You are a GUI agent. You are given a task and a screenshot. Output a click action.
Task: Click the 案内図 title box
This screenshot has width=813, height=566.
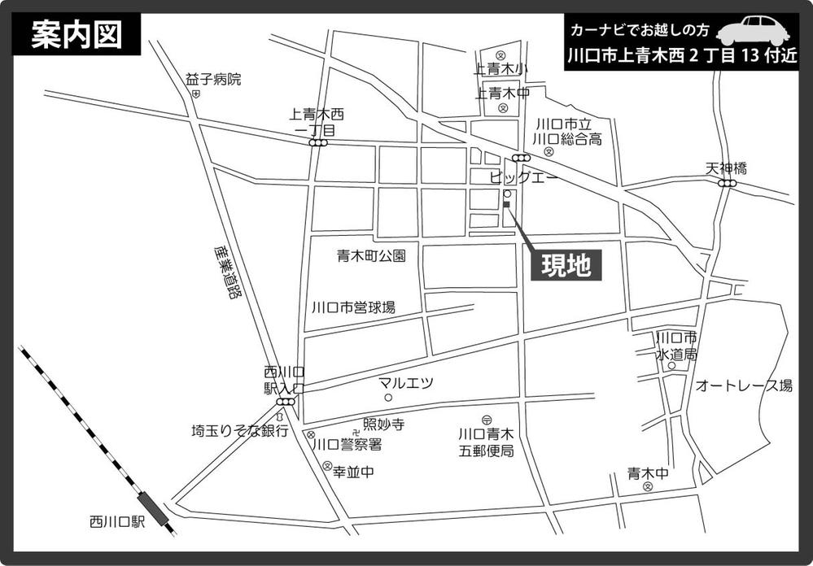[76, 36]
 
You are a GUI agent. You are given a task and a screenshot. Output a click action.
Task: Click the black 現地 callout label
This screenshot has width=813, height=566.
[566, 265]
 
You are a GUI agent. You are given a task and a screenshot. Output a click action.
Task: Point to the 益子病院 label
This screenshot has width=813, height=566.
[213, 79]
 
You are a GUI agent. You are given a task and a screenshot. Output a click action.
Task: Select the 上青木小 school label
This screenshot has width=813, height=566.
[501, 69]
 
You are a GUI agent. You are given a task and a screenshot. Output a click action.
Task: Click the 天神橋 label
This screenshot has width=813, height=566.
[726, 168]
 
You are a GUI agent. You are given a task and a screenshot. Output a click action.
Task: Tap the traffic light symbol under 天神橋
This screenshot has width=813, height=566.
[727, 184]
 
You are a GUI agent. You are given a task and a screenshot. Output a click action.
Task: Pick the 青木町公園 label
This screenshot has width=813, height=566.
[371, 255]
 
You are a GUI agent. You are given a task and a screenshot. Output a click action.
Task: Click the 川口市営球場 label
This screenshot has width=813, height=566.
[353, 307]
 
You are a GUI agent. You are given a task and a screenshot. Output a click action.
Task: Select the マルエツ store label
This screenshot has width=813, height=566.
[406, 382]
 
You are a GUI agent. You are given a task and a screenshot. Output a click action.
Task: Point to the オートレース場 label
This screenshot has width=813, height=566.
[743, 385]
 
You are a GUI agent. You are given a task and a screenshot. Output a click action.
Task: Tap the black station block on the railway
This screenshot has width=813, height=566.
[153, 507]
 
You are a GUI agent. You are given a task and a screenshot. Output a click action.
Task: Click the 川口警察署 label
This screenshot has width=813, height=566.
[347, 444]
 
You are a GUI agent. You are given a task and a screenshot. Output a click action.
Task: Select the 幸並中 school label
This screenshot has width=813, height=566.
[354, 472]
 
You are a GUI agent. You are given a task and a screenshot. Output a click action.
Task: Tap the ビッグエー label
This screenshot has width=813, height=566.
[523, 176]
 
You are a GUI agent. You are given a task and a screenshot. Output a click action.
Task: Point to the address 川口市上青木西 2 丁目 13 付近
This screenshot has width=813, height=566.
[682, 58]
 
